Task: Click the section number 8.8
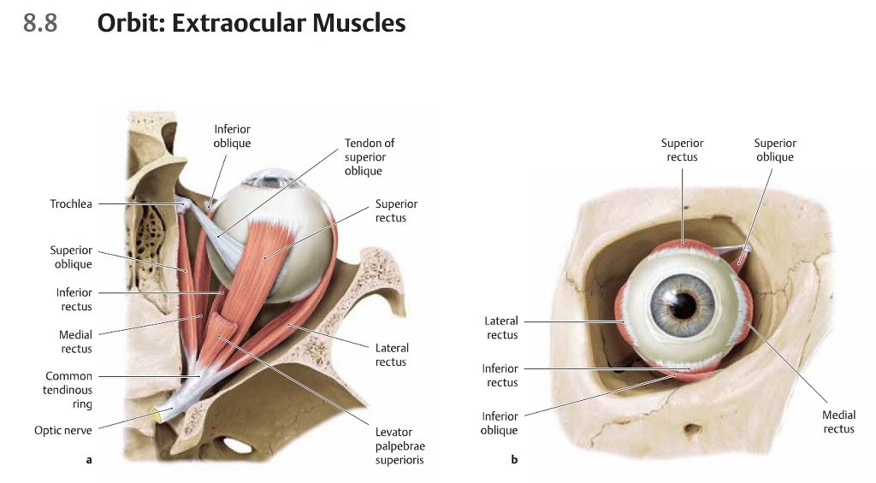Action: click(x=40, y=23)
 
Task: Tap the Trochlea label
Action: click(x=71, y=204)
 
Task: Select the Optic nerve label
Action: click(x=63, y=431)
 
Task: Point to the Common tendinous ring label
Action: click(x=68, y=390)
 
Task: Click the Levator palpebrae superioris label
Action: click(x=400, y=446)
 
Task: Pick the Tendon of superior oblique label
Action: click(x=370, y=157)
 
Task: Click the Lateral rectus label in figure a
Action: click(x=392, y=355)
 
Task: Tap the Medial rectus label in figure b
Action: click(x=838, y=422)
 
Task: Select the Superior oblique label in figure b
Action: click(x=775, y=150)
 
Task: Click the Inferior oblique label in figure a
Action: click(x=232, y=137)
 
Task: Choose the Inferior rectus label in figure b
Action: click(x=501, y=375)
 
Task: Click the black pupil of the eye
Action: click(x=684, y=303)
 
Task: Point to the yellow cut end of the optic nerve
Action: click(x=157, y=415)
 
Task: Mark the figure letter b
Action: click(x=514, y=460)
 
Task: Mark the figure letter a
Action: click(x=88, y=460)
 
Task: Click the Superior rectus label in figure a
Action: click(x=396, y=211)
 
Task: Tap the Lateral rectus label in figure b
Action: click(x=502, y=328)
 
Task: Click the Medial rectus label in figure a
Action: click(x=76, y=342)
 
